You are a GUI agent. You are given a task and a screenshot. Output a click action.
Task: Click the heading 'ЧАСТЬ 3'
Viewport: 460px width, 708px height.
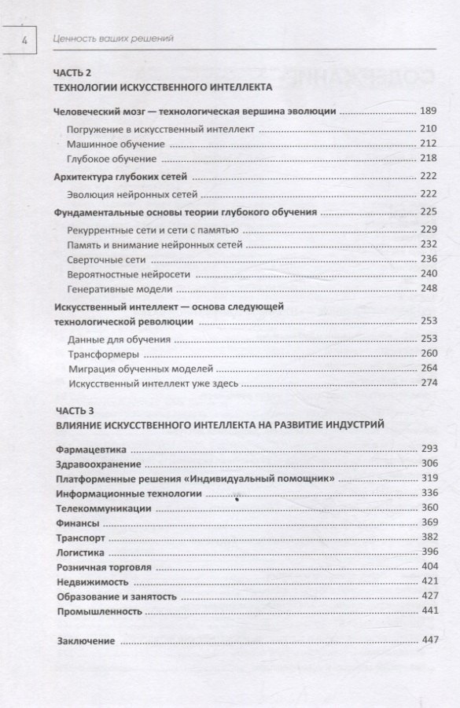pyautogui.click(x=75, y=410)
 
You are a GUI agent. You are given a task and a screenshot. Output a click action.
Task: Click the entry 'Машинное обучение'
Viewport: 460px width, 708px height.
pyautogui.click(x=116, y=144)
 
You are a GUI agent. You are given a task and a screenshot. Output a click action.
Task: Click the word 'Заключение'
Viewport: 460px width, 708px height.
pyautogui.click(x=86, y=640)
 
